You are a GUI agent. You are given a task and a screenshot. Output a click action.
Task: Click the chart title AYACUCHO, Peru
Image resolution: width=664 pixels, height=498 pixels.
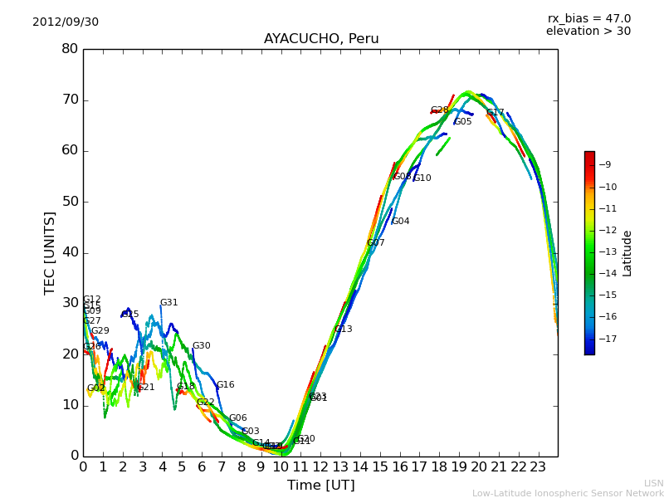pos(321,39)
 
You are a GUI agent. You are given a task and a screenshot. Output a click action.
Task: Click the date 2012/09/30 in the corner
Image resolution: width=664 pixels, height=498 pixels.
pos(66,22)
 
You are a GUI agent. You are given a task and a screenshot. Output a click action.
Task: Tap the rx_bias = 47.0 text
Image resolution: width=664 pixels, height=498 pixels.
pos(588,18)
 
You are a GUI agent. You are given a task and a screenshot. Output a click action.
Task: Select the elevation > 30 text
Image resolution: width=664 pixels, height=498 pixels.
pos(588,32)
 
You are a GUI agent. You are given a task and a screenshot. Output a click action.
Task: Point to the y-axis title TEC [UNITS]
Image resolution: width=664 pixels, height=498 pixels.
pos(50,252)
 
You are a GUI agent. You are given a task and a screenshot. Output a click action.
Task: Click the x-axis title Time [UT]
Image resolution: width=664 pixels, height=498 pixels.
pos(320,485)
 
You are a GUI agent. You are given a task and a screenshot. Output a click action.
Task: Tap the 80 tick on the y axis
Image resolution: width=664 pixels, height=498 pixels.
pos(70,49)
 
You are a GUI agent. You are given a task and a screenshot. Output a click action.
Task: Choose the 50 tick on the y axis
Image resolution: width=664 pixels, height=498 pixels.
pos(70,202)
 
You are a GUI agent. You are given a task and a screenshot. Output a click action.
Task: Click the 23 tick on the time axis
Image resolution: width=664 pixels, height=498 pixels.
pos(538,467)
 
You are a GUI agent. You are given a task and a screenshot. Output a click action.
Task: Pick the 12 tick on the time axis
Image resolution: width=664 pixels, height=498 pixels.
pos(320,467)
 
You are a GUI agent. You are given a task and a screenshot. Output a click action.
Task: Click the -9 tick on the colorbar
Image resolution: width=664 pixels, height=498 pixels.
pos(605,164)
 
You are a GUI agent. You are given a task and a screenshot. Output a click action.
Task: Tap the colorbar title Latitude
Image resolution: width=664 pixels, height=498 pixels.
pos(627,252)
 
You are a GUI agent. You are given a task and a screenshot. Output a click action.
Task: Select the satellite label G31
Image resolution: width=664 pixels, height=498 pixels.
pos(169,303)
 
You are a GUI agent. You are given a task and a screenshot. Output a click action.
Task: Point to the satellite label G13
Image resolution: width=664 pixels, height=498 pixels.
pos(344,330)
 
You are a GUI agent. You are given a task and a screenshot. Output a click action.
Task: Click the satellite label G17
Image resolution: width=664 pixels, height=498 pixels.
pos(496,113)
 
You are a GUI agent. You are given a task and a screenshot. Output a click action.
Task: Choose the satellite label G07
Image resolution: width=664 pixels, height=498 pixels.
pos(376,243)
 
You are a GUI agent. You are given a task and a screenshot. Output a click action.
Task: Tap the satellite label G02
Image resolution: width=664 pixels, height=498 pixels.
pos(96,388)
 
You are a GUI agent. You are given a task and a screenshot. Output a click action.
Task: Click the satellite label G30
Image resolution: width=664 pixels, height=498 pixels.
pos(202,346)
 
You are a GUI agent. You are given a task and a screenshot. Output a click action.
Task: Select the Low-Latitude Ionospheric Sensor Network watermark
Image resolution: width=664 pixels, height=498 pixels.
pos(568,493)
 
